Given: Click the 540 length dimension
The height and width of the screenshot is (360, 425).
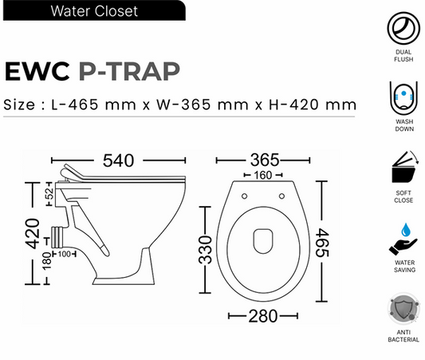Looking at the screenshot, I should click(112, 161).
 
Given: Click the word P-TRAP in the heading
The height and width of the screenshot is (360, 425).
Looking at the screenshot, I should click(130, 71).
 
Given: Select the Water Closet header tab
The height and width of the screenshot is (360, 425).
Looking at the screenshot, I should click(93, 11).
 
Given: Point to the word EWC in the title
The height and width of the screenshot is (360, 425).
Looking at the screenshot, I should click(38, 71).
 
